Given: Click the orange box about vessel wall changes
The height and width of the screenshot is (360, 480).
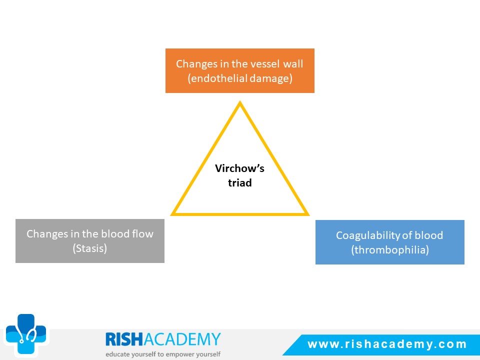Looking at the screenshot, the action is coord(240,70).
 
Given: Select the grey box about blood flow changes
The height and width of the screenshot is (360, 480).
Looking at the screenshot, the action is coord(90,241).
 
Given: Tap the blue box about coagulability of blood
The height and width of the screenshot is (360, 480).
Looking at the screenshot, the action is coord(390,242).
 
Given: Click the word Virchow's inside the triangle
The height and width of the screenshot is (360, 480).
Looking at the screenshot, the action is coord(239,168).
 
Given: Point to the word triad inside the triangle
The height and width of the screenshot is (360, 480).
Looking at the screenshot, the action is coord(240,183).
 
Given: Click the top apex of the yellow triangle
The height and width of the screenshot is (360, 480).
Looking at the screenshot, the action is coord(240,101).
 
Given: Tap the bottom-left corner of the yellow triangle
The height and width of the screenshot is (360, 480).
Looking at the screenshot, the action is coord(171,215).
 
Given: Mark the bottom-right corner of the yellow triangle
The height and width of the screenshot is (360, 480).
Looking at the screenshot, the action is coord(309,215).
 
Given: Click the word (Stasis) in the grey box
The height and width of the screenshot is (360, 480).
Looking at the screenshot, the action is coord(90,248).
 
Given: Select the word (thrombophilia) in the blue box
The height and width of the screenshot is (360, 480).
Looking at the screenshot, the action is coord(390,250).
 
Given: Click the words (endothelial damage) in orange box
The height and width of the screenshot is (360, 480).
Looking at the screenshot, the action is coord(240,78).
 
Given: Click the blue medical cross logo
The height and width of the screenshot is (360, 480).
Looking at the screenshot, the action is coord(26,334).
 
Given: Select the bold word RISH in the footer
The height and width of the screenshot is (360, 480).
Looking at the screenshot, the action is coord(124,339).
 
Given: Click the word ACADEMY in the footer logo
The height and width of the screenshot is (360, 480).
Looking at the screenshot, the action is coord(182,339).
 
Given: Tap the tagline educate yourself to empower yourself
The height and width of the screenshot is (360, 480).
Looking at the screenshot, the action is coord(163,354).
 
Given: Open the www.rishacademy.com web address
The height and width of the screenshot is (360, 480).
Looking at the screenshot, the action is coord(387,344).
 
